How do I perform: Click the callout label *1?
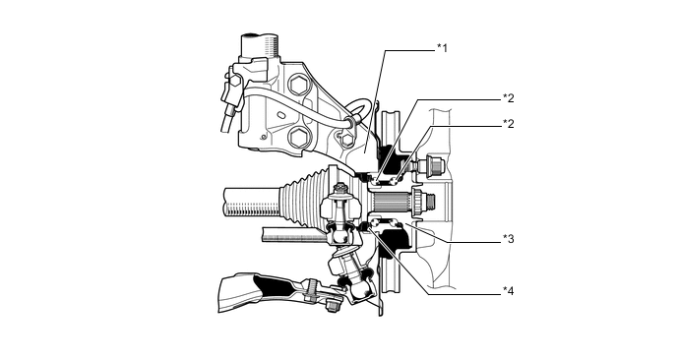click(443, 47)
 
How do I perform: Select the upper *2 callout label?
click(509, 98)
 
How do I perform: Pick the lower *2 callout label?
click(509, 124)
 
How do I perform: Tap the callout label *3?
click(509, 239)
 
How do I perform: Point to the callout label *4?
click(509, 291)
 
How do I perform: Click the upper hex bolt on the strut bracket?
click(299, 85)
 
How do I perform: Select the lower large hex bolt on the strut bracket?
click(298, 138)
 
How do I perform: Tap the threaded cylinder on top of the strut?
click(260, 46)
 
